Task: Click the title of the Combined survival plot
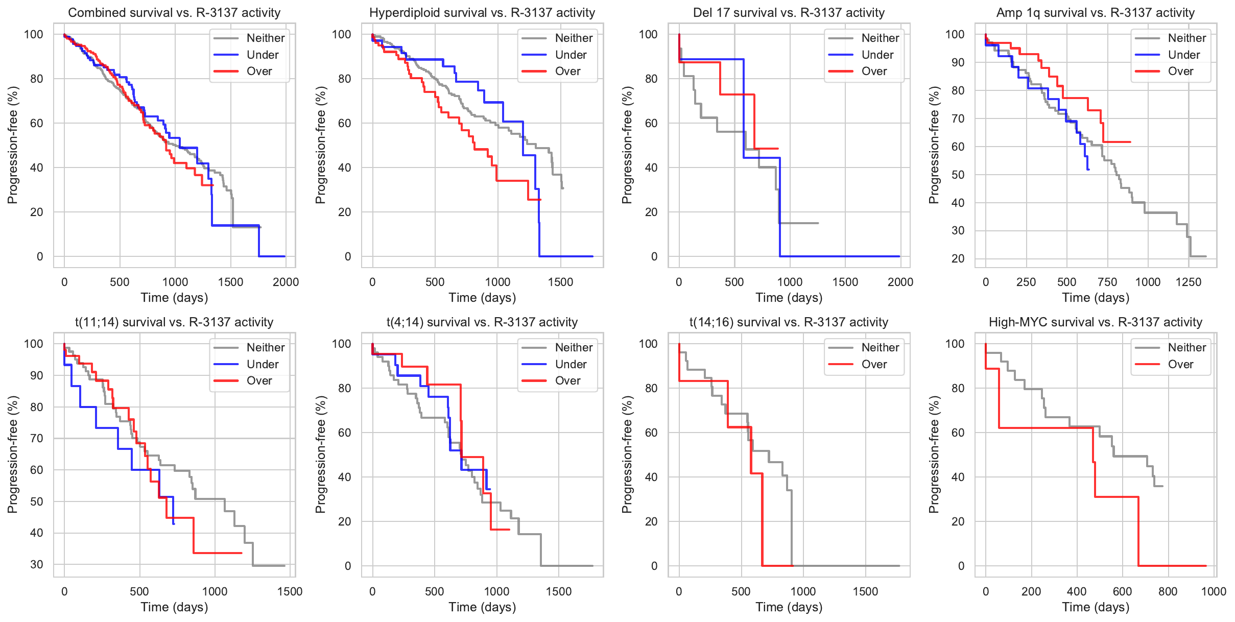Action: [174, 13]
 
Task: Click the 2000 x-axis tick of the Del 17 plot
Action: [900, 282]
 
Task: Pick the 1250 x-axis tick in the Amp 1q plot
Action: [1189, 282]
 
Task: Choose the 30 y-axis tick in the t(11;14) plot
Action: [37, 564]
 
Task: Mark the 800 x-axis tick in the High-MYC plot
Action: [1168, 591]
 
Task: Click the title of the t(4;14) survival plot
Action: [482, 322]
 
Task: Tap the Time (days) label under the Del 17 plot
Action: [789, 298]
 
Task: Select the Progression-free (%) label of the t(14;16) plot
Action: [627, 454]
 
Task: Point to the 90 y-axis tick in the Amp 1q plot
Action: [955, 62]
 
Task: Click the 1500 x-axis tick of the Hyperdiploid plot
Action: [560, 282]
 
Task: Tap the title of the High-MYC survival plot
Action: [1095, 322]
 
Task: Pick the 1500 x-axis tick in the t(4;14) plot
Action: [558, 591]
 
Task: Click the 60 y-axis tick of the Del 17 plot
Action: [651, 123]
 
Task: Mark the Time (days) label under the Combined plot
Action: [174, 298]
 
